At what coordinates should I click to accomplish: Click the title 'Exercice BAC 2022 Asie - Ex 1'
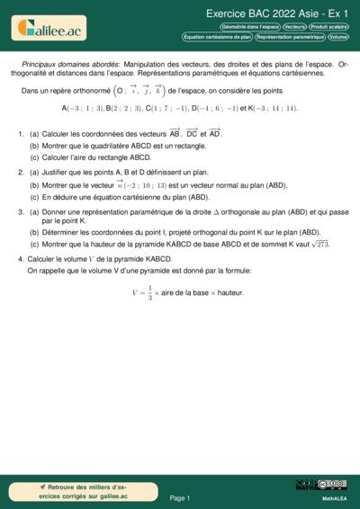tap(277, 13)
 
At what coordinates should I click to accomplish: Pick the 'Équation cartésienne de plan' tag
tap(217, 37)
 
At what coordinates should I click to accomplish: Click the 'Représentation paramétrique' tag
tap(289, 37)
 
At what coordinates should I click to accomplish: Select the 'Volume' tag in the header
tap(338, 37)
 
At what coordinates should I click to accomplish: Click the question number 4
tap(21, 258)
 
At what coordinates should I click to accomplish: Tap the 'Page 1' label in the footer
tap(179, 497)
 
